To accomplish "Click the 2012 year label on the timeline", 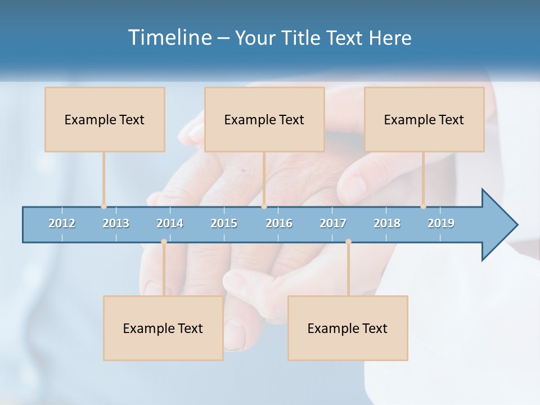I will pos(62,223).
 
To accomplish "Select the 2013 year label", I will pos(116,223).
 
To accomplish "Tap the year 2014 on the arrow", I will pos(170,223).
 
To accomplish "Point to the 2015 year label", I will pos(224,223).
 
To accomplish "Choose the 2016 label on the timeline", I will pos(279,223).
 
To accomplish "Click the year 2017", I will pos(333,223).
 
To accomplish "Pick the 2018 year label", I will pos(387,223).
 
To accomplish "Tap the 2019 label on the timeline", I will pos(441,223).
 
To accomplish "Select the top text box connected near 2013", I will pos(105,119).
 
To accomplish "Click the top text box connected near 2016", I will pos(264,119).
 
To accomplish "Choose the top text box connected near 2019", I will pos(424,119).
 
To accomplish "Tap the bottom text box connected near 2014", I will pos(163,328).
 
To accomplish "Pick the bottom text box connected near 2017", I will pos(348,328).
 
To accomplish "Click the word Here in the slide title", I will pos(390,38).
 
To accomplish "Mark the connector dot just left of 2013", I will pos(103,206).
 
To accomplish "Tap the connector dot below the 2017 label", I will pos(348,241).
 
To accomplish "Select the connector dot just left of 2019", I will pos(423,206).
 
